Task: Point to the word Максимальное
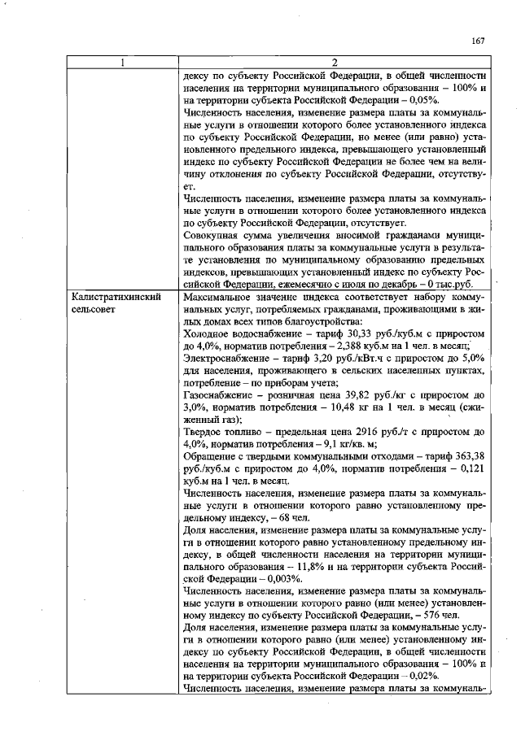tap(219, 298)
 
